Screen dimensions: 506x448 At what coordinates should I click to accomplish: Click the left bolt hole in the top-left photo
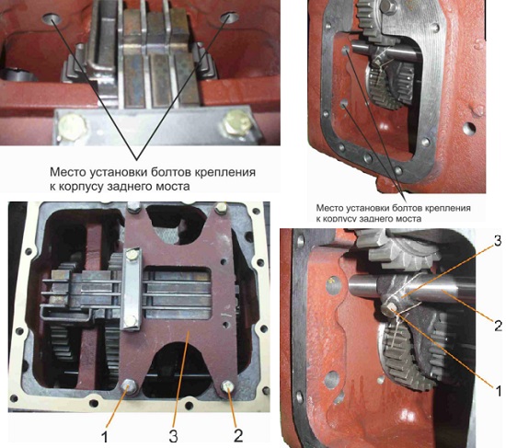point(52,18)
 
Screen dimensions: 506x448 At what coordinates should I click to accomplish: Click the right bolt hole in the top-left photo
point(229,17)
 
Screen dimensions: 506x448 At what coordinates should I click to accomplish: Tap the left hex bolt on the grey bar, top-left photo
point(73,126)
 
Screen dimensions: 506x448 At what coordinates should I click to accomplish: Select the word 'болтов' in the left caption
point(170,172)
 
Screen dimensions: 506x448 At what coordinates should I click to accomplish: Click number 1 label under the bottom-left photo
point(104,437)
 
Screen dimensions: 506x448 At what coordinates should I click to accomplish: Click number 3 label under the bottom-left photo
point(174,436)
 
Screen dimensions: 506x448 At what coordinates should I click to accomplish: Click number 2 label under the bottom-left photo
point(238,436)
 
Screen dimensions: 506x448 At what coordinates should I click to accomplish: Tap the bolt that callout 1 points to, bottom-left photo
point(129,386)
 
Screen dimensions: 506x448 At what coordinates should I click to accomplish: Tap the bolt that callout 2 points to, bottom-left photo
point(228,385)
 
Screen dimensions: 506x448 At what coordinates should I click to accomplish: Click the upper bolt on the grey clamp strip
point(132,256)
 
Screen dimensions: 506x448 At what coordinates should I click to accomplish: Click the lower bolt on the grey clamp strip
point(130,320)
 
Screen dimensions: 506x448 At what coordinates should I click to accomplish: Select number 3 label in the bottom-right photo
point(498,240)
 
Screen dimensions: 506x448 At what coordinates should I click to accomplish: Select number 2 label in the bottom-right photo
point(499,326)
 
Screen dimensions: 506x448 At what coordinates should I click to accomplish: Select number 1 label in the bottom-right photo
point(499,391)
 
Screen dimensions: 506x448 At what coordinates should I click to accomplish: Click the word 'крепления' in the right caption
point(449,208)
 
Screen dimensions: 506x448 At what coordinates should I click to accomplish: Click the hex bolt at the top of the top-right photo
point(387,6)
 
